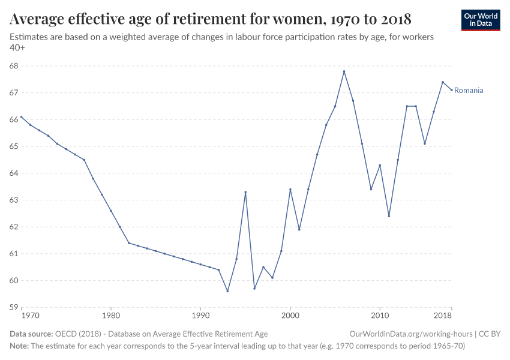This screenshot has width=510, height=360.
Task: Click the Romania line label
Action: [x=469, y=91]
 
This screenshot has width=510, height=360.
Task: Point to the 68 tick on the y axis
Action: [x=14, y=66]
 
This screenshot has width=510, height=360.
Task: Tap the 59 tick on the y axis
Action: [x=14, y=307]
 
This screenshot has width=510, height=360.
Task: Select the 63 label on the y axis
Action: [x=14, y=200]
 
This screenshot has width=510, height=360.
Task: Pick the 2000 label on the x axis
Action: [x=290, y=315]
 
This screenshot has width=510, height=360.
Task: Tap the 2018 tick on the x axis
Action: [x=443, y=315]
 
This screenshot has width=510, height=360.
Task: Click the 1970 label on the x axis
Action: [x=30, y=315]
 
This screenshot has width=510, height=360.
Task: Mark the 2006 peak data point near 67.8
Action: [x=344, y=71]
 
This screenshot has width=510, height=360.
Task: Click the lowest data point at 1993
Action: [x=227, y=291]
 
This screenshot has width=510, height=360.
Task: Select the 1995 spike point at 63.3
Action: [x=245, y=192]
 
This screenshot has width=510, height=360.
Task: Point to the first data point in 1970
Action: [x=21, y=117]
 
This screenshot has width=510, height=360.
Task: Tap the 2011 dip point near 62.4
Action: [x=389, y=216]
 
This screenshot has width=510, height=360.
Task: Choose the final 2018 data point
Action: [x=451, y=90]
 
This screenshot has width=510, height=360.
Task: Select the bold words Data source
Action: [x=31, y=334]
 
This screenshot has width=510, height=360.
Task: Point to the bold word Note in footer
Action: [x=19, y=346]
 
